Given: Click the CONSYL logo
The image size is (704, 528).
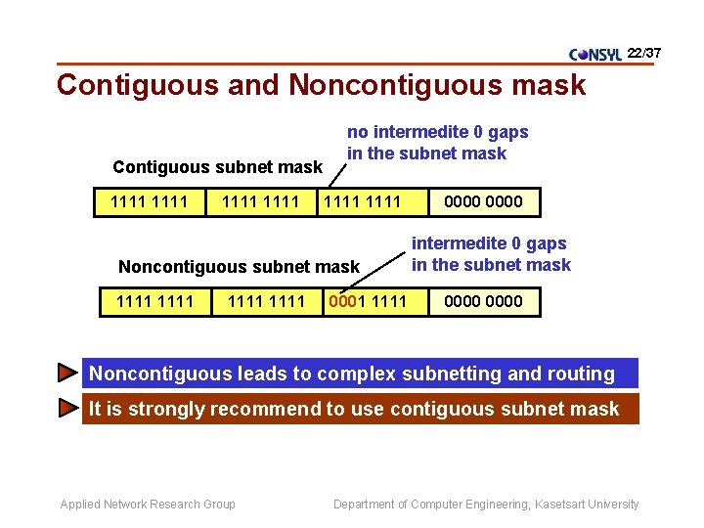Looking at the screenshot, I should coord(594,55).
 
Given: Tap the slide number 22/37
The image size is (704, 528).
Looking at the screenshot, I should coord(644,52).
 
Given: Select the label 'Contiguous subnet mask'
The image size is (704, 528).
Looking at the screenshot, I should coord(217,167).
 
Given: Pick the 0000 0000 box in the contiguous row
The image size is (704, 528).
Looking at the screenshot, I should coord(483,202).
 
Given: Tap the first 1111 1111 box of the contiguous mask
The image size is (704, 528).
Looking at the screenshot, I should coord(149,202).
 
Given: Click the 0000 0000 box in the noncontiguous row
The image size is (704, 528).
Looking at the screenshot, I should coord(483,301).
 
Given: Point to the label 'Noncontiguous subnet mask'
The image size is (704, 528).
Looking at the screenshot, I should coord(239,266).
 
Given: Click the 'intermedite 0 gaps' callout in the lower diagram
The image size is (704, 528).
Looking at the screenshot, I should coord(490,254).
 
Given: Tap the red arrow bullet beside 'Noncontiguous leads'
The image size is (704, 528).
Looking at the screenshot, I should coord(66,373).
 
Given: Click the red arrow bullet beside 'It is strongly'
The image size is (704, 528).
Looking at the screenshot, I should coord(66,409).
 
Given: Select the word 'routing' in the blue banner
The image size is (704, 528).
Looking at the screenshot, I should coord(581,374).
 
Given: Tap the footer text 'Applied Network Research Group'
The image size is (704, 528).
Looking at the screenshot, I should coord(148,505).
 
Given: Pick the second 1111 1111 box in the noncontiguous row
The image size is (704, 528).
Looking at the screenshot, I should coord(266,301).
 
